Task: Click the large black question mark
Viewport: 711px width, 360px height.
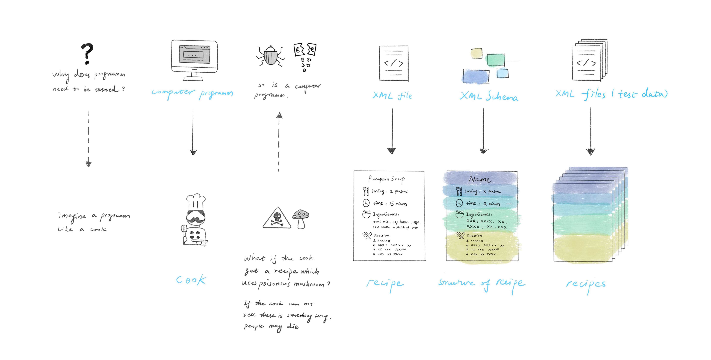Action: [87, 53]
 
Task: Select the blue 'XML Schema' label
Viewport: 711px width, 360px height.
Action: [488, 96]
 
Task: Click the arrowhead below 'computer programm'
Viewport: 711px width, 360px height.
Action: [193, 152]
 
